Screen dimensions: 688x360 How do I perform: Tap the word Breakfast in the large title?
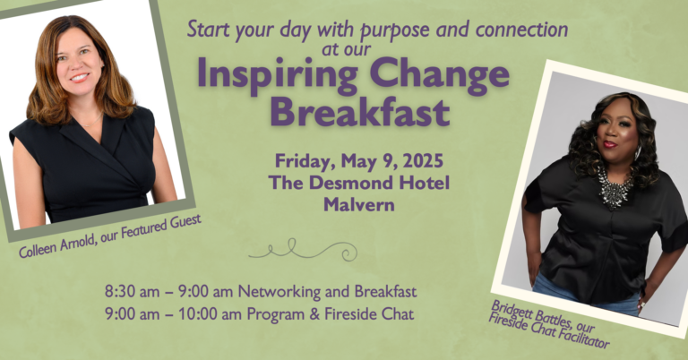360,112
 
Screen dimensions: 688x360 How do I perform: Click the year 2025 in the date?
423,161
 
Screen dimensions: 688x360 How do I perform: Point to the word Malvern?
359,205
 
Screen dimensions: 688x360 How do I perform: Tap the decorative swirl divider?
303,250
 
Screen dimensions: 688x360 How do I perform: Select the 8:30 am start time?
132,292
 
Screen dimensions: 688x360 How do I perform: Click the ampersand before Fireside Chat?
314,314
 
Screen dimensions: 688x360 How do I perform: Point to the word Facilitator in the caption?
584,339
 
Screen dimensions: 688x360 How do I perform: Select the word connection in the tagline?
521,30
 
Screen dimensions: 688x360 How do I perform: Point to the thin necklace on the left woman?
93,122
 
